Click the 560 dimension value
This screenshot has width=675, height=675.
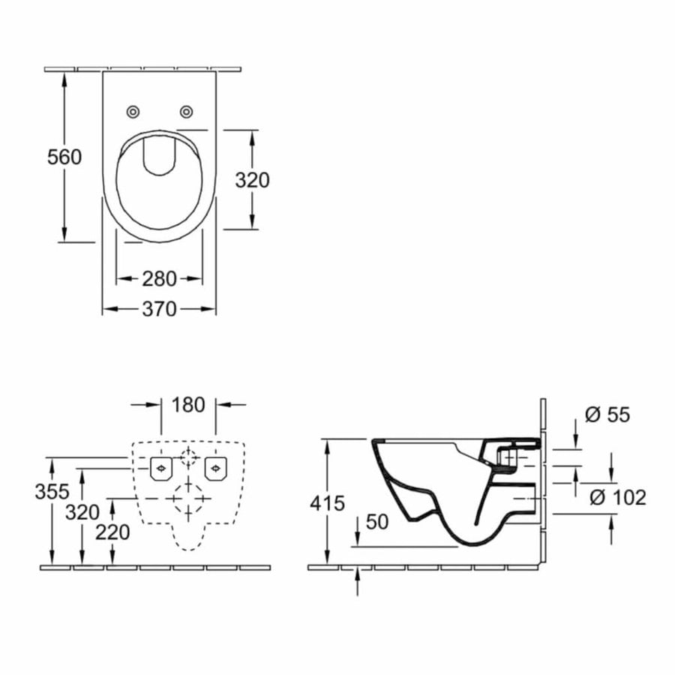coord(64,157)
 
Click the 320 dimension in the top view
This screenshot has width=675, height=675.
coord(252,180)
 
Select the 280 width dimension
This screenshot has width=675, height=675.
coord(159,279)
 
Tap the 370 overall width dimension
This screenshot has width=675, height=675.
coord(159,308)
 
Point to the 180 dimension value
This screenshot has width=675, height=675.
coord(188,405)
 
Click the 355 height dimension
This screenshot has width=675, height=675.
coord(52,492)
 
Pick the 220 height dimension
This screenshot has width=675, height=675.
coord(112,532)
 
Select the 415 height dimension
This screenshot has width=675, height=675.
coord(327,503)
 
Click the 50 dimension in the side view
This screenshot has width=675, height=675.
coord(378,522)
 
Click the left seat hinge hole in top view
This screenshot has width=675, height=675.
coord(133,112)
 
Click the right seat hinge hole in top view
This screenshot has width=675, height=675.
coord(185,112)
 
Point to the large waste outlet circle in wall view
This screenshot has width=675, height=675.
coord(188,499)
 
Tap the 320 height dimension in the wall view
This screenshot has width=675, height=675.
coord(82,512)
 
